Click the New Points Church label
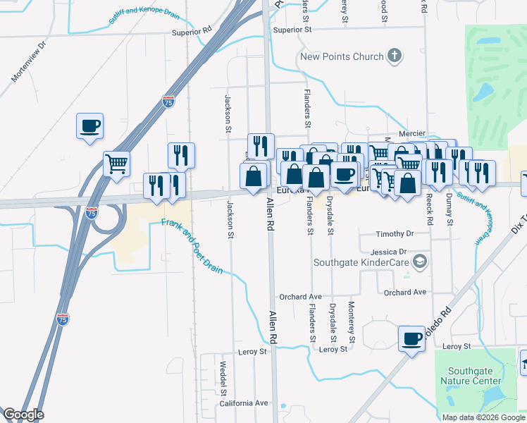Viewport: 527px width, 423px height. point(342,57)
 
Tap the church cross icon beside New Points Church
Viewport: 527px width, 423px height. point(395,56)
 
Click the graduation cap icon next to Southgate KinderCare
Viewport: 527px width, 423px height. point(420,262)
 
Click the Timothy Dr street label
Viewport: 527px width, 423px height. point(395,233)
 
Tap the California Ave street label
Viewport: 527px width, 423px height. point(244,403)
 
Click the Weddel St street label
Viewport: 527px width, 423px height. point(222,379)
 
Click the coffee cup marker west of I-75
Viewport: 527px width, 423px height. point(90,126)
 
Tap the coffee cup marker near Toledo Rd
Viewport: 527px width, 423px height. point(411,338)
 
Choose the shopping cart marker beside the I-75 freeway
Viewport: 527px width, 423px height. point(117,164)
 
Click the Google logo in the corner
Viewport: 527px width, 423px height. point(23,415)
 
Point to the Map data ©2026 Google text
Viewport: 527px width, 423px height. point(483,417)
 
